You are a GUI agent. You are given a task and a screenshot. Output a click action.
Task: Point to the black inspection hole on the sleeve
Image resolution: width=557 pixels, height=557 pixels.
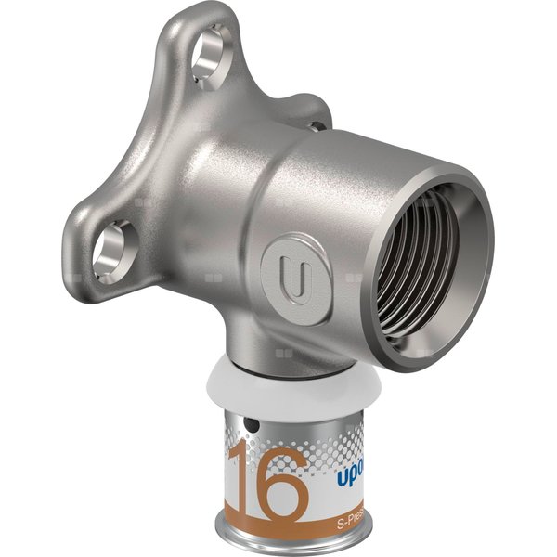point(252,426)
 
